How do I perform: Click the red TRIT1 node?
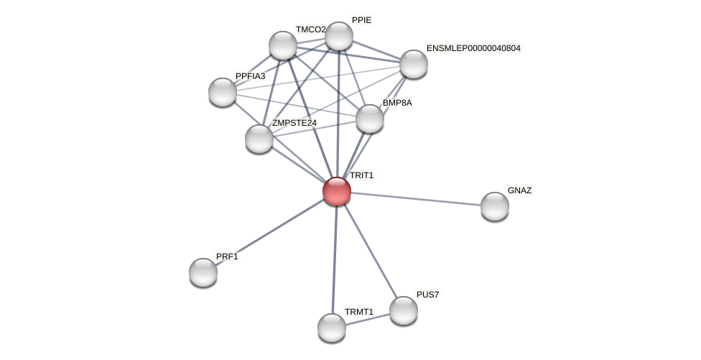[x=336, y=191]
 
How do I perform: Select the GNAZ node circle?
[x=494, y=206]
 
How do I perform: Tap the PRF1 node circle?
[x=203, y=272]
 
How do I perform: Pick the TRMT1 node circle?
[x=332, y=328]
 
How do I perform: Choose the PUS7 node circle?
[x=404, y=310]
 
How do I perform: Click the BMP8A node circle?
[x=370, y=119]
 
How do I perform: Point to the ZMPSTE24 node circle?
[x=259, y=139]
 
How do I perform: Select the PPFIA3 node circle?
[x=223, y=92]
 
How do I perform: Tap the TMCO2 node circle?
[x=283, y=45]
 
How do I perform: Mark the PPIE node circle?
[x=339, y=36]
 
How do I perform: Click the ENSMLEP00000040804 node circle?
[x=414, y=64]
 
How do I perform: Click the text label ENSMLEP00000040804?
[x=473, y=48]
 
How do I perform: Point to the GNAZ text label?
[x=519, y=190]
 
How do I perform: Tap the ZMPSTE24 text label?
[x=294, y=123]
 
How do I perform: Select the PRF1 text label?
[x=226, y=257]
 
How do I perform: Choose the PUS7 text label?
[x=427, y=295]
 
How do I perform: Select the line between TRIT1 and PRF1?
[x=269, y=232]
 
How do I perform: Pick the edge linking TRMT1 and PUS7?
[x=368, y=319]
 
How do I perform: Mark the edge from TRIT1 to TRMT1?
[x=334, y=259]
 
